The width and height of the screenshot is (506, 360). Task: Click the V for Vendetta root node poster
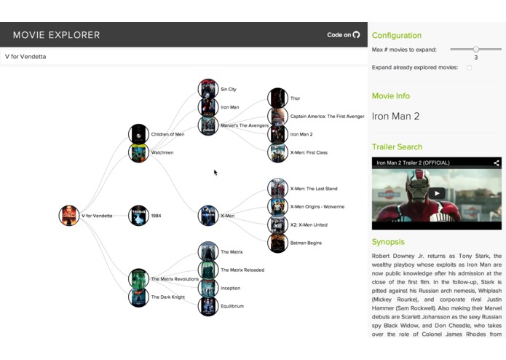[69, 216]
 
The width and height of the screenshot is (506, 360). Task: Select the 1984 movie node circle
[138, 216]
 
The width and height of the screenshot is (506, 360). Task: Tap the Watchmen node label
[162, 152]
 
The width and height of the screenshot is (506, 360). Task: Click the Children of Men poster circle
[138, 134]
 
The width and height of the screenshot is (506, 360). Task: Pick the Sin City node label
[228, 90]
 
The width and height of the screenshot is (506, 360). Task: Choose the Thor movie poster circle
[277, 98]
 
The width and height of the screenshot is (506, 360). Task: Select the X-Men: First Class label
[308, 152]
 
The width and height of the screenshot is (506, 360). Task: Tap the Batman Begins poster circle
[277, 243]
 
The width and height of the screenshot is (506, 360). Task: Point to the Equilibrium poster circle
[208, 306]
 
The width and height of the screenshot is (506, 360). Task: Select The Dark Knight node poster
[138, 297]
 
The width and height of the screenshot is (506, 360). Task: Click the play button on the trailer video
[436, 193]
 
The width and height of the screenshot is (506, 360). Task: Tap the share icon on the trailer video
[497, 163]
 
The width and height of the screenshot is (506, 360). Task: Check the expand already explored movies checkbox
[469, 68]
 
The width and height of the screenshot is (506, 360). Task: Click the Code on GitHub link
[344, 34]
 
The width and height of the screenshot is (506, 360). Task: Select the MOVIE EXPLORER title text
[56, 35]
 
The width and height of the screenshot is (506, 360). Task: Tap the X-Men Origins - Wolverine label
[317, 206]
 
